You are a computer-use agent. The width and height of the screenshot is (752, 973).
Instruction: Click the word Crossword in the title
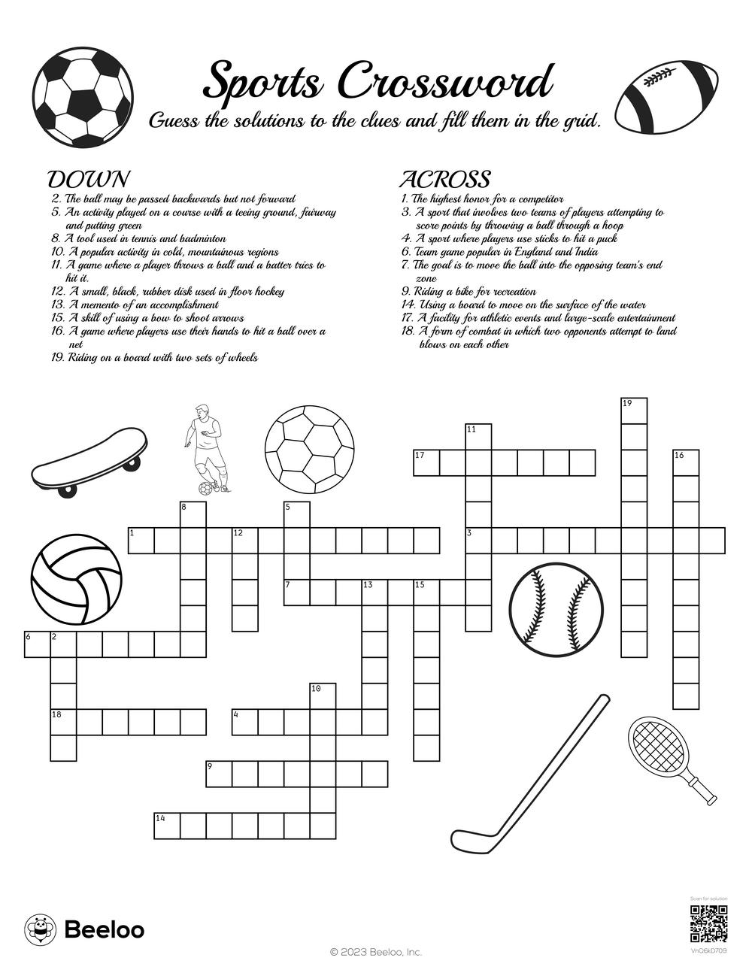[446, 81]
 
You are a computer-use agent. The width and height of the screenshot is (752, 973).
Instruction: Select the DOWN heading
[88, 180]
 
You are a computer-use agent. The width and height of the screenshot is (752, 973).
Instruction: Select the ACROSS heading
[444, 180]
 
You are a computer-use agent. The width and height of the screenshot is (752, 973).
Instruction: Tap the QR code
[708, 924]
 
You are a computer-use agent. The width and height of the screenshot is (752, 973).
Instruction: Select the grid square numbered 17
[426, 463]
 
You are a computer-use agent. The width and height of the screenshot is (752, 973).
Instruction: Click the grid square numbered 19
[634, 411]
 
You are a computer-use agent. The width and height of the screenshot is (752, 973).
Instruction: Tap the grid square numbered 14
[167, 825]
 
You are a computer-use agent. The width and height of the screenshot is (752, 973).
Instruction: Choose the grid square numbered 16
[686, 463]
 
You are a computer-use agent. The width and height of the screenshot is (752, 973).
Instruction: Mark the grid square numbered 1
[141, 541]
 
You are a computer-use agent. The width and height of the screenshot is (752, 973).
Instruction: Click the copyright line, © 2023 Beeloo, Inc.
[376, 952]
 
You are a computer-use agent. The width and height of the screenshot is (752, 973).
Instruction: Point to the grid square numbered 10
[323, 696]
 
